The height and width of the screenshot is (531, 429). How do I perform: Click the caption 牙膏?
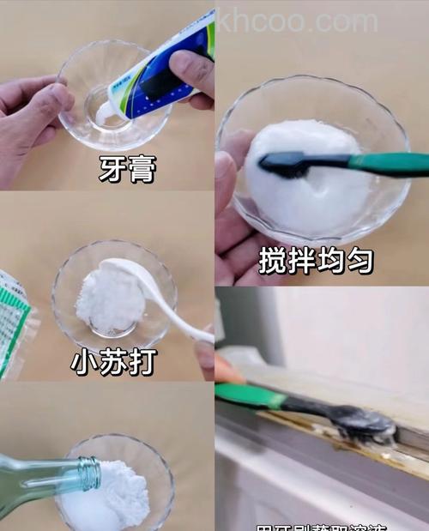tap(128, 170)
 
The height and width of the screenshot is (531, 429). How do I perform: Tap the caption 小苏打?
tap(113, 362)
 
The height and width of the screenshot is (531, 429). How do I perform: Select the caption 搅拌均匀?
tap(315, 258)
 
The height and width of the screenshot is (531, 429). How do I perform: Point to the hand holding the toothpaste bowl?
tap(34, 112)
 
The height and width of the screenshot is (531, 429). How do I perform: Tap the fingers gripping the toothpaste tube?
tap(193, 77)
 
